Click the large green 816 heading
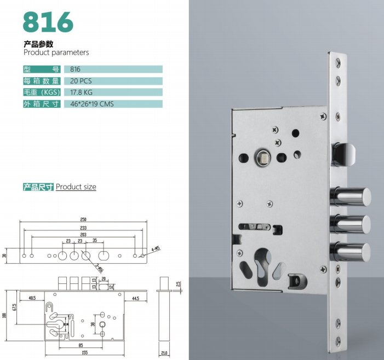pos(48,22)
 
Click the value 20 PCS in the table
pos(81,81)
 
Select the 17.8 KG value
pos(81,92)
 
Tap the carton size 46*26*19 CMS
pos(92,104)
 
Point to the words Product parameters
pos(56,53)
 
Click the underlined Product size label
pos(76,187)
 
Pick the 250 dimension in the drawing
pos(83,219)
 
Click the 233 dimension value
pos(83,228)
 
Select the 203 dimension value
pos(83,235)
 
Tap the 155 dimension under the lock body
pos(84,352)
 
